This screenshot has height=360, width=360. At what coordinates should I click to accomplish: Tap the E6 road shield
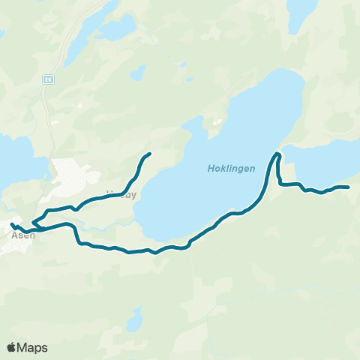click(49, 77)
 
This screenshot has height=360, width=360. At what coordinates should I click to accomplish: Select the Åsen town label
click(23, 235)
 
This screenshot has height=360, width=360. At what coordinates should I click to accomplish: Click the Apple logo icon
click(12, 347)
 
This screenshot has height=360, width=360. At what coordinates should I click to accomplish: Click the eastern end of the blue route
click(349, 187)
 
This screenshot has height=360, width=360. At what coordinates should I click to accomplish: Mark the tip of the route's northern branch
click(150, 154)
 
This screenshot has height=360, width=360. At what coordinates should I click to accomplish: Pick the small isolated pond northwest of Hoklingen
click(137, 73)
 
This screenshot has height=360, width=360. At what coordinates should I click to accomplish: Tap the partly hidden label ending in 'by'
click(124, 193)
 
